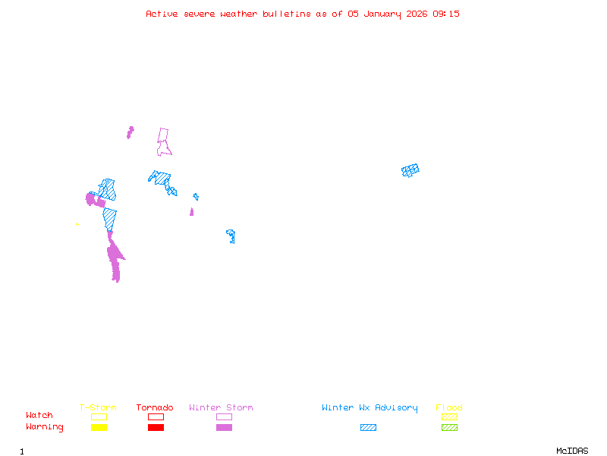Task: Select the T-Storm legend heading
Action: [98, 408]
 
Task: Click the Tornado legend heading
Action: [155, 408]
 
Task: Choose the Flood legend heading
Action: [449, 408]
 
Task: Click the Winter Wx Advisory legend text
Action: [370, 408]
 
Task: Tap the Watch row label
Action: [39, 416]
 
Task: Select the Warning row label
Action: [45, 427]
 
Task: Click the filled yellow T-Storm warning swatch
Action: [99, 428]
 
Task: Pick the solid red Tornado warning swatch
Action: [156, 428]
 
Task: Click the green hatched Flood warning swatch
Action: [449, 428]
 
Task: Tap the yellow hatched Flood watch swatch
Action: [449, 416]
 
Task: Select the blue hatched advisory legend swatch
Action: [368, 428]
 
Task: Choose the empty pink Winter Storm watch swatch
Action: [224, 416]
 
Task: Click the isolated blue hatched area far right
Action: [410, 170]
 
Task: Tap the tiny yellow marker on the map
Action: [77, 224]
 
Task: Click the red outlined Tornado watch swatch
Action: [156, 416]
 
